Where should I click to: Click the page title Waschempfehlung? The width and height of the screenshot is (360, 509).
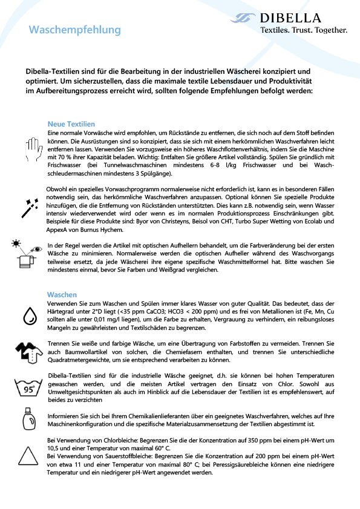coord(75,30)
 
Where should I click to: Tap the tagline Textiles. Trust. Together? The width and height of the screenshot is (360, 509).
coord(304,30)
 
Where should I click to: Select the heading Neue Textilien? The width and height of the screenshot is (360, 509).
coord(71,123)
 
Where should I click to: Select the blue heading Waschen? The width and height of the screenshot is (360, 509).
coord(62,294)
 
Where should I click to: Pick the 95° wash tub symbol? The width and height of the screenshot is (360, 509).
coord(29,387)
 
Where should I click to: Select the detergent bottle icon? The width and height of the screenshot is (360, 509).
coord(29,419)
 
